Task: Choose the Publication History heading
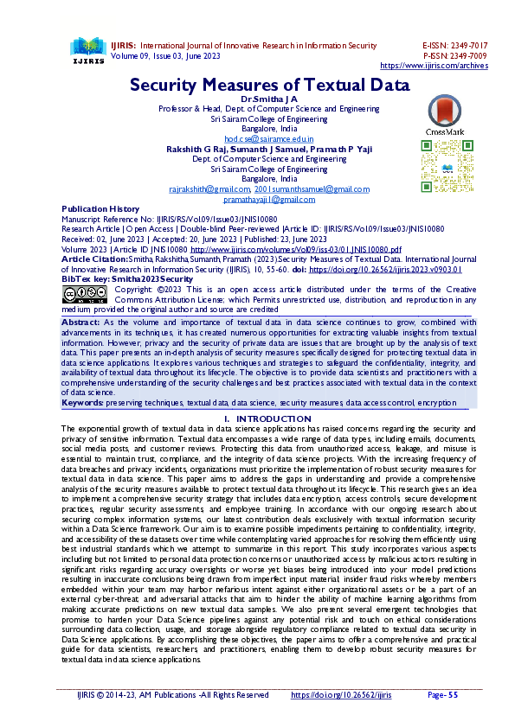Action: click(100, 209)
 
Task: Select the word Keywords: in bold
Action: click(82, 403)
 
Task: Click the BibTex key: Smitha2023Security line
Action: click(127, 279)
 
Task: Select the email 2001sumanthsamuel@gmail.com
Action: click(312, 188)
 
